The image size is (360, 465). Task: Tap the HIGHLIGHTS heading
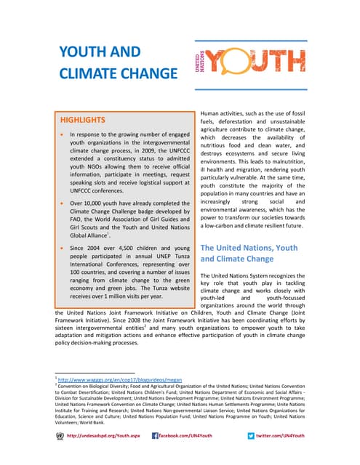coord(82,119)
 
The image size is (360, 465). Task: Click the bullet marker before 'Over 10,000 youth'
coord(63,205)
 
